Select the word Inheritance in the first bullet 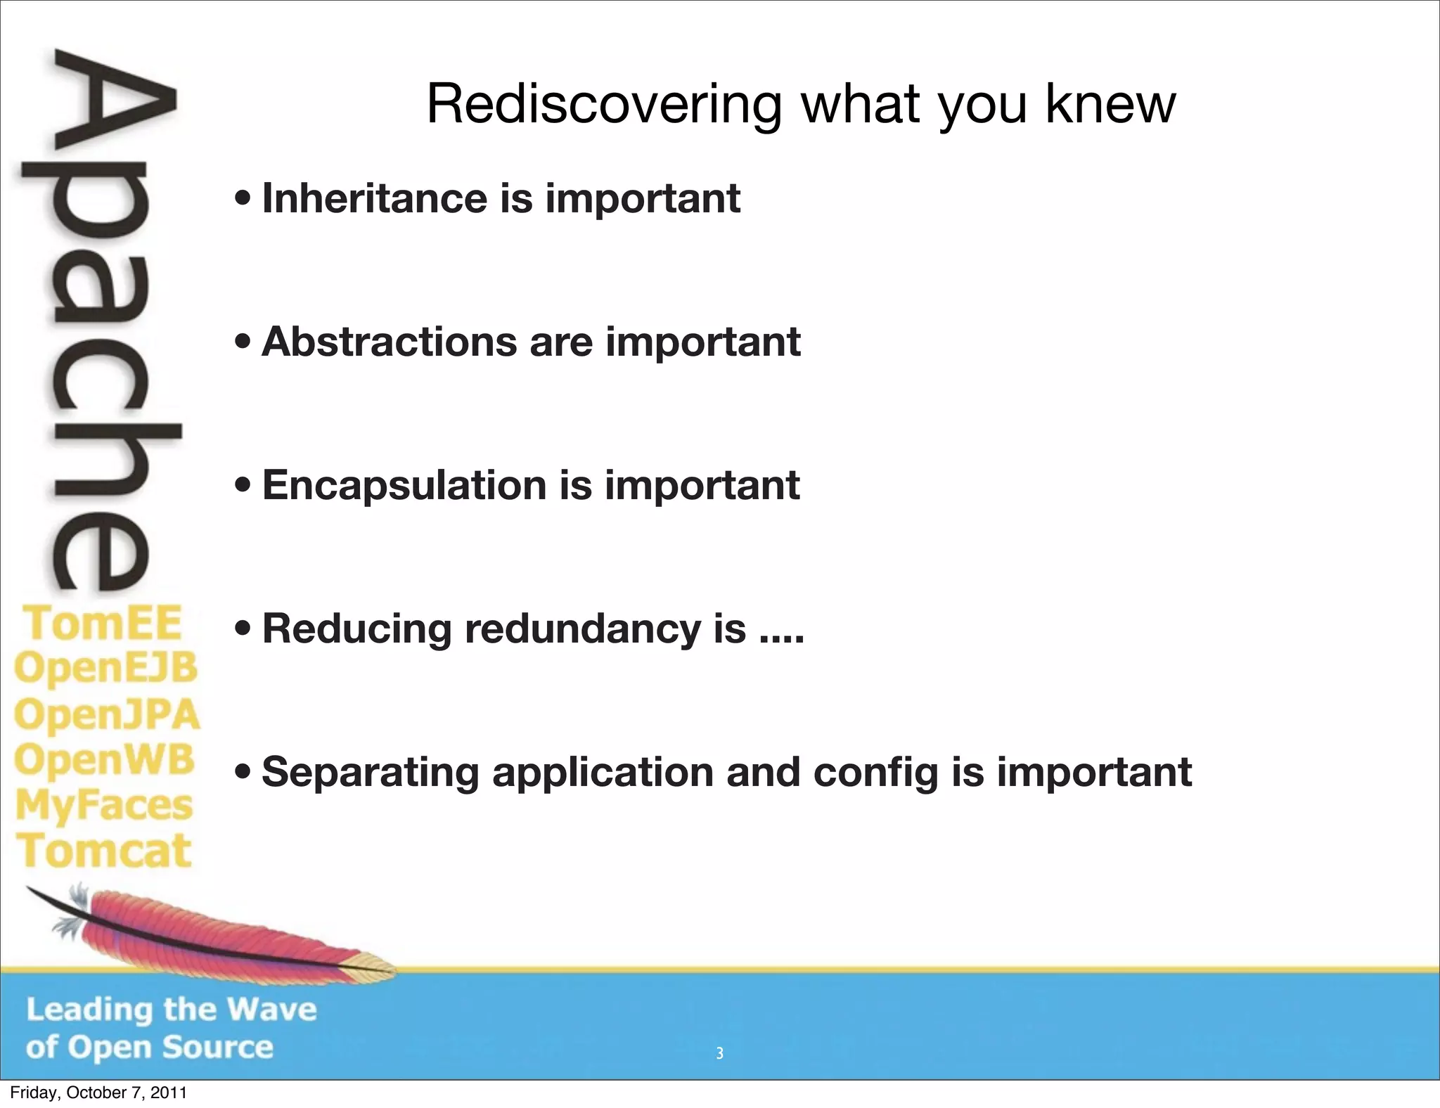tap(373, 198)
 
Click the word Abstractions tap(389, 342)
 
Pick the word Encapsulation tap(404, 485)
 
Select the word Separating tap(370, 773)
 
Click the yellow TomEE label tap(103, 624)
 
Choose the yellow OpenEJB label tap(105, 668)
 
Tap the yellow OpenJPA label tap(107, 714)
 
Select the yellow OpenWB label tap(104, 760)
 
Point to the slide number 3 tap(719, 1053)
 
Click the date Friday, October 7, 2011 tap(98, 1093)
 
